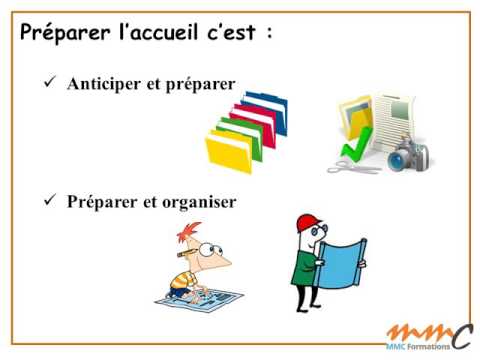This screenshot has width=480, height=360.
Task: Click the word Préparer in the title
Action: click(x=65, y=34)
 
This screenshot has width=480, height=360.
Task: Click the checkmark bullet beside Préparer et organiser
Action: click(x=49, y=201)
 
